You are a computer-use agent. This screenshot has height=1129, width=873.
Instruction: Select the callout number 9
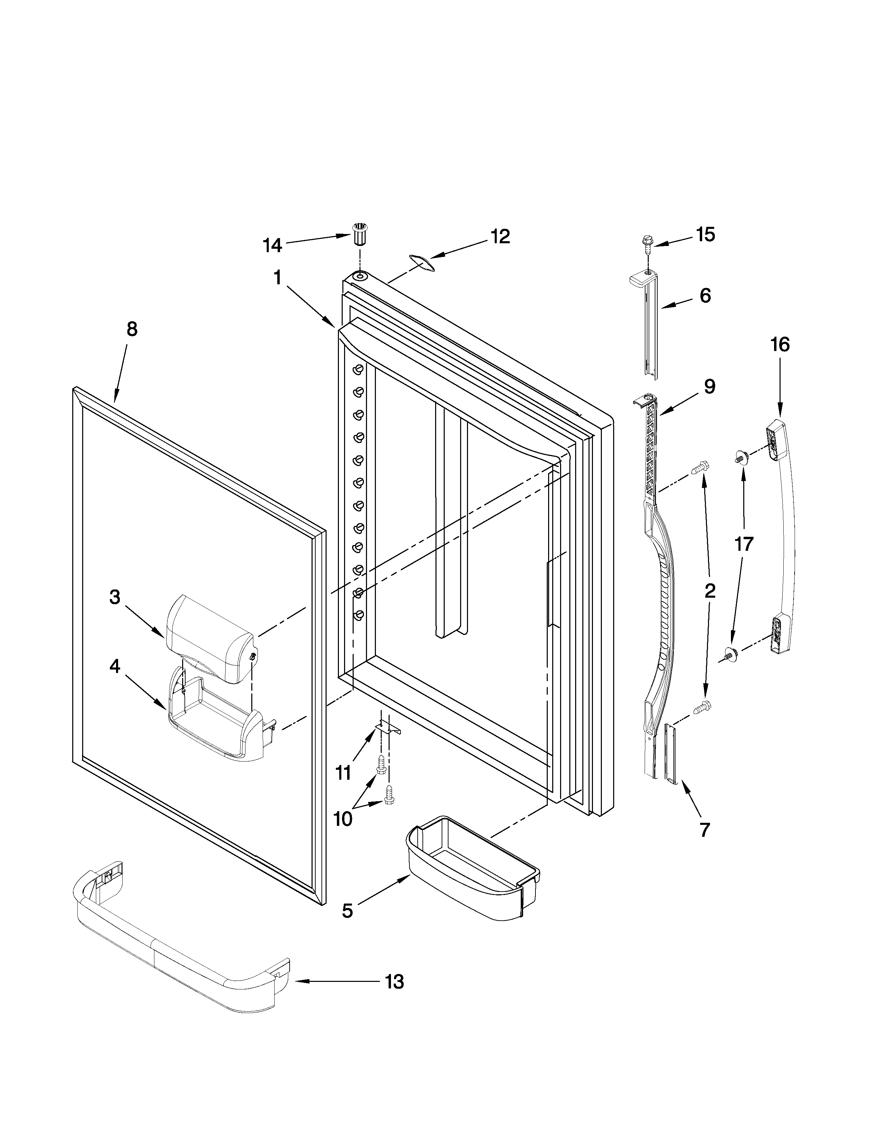point(710,387)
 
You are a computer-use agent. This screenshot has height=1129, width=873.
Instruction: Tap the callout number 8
point(132,329)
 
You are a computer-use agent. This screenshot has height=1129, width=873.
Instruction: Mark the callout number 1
point(278,278)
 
